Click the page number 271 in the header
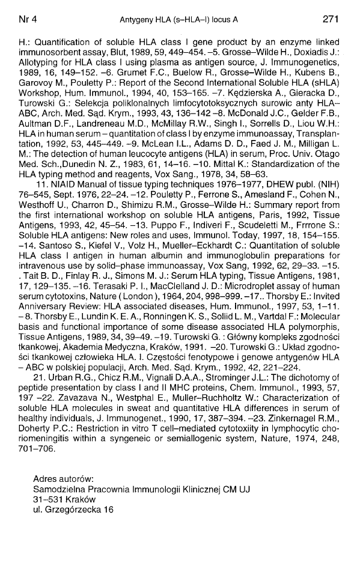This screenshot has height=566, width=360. (x=332, y=19)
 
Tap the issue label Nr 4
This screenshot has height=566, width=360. (x=28, y=19)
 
